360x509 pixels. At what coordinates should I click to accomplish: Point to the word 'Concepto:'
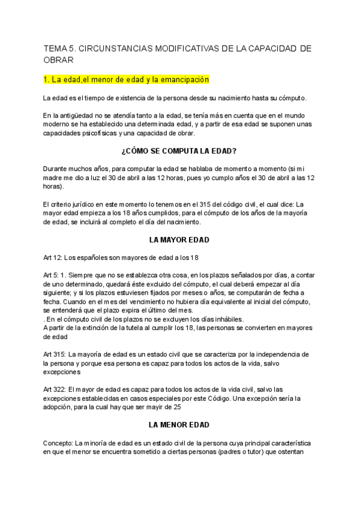[x=58, y=444]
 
